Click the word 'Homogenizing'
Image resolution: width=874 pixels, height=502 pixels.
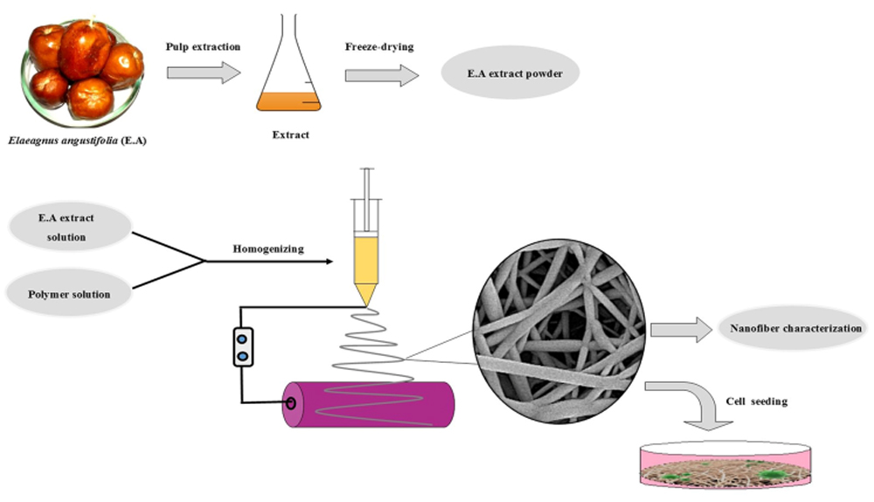click(x=267, y=248)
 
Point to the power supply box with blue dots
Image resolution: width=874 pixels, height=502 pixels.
click(x=244, y=346)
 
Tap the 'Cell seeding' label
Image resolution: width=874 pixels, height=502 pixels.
click(x=757, y=401)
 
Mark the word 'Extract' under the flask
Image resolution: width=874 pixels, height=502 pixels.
click(x=290, y=136)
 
